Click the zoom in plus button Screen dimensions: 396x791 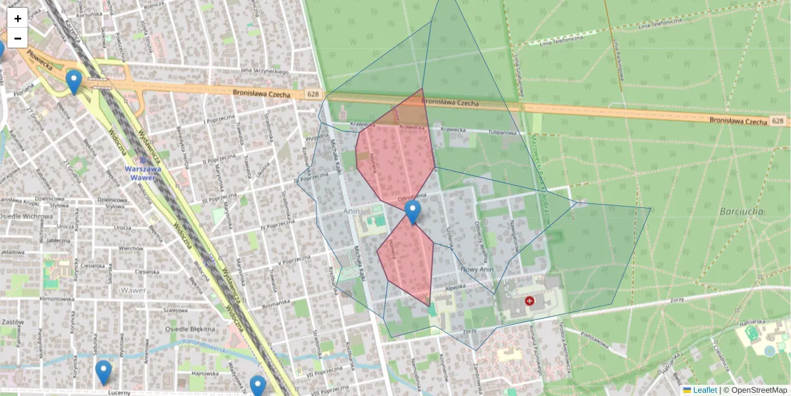(x=18, y=18)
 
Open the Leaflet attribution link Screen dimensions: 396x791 (x=704, y=390)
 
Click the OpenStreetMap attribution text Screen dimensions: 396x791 (x=758, y=390)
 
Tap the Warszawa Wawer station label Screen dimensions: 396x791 (x=143, y=173)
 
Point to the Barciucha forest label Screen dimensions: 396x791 (x=742, y=211)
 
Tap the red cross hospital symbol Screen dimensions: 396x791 (x=529, y=301)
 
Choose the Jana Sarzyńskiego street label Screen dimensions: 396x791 (x=265, y=71)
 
